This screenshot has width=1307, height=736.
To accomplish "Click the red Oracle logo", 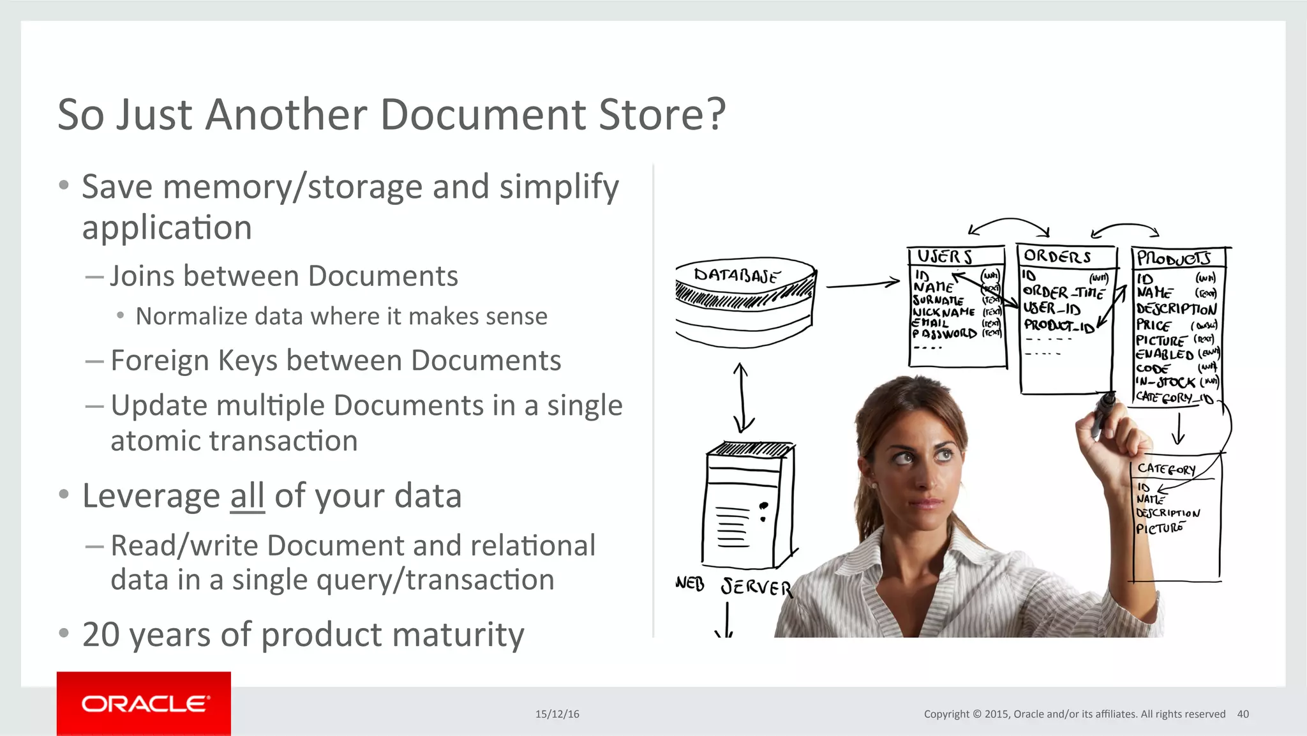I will pos(144,703).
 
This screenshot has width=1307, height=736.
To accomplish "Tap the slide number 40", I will pos(1243,714).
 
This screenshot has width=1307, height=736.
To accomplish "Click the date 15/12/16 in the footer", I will pos(557,714).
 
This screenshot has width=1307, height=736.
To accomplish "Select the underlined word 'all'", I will pos(247,497).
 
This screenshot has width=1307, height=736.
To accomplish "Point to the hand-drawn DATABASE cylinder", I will pos(745,301).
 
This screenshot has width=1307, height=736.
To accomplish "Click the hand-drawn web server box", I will pos(748,504).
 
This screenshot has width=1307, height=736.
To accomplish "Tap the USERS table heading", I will pos(945,257).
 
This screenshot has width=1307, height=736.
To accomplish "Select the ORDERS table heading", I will pos(1057,257).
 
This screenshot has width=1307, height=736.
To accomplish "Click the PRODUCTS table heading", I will pos(1173,259).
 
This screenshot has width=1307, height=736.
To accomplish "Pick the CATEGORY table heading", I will pos(1166,469).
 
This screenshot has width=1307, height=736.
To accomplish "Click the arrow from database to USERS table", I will pos(863,284).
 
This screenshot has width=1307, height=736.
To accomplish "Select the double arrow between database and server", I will pos(742,397).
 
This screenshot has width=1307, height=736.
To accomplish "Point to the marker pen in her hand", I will pos(1102,415).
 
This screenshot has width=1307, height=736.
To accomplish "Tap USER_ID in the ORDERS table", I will pos(1052,309).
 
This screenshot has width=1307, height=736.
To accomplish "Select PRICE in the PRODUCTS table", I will pos(1153,325).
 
